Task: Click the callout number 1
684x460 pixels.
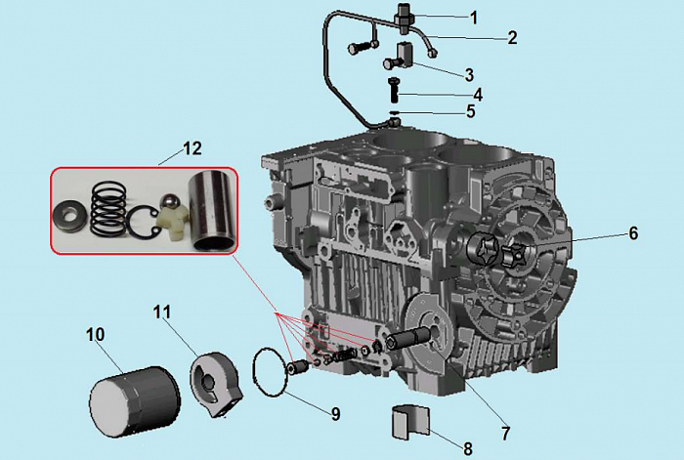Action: (x=474, y=17)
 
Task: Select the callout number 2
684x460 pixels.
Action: (x=511, y=38)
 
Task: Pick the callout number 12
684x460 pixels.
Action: (x=192, y=149)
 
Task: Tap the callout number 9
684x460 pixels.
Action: (x=334, y=414)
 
